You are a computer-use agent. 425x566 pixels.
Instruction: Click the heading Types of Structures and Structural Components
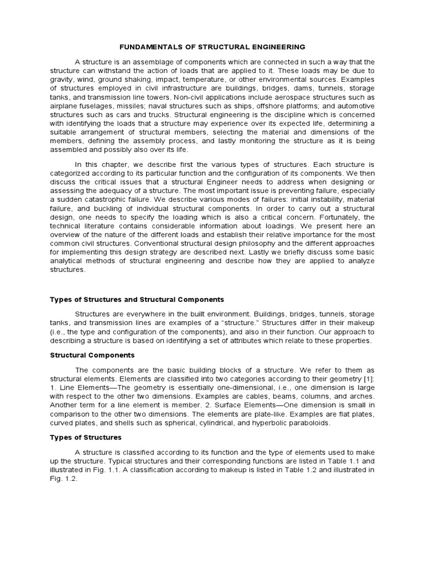tap(137, 299)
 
